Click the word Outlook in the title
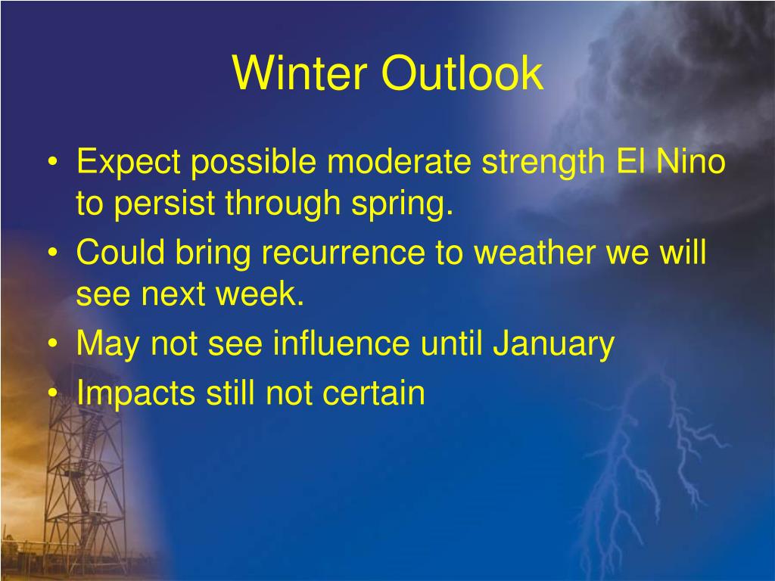462,73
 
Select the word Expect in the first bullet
129,163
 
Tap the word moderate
399,162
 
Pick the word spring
402,204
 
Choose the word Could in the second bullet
120,252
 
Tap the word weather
534,252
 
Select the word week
260,294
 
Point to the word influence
341,343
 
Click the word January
553,344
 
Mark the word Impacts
136,393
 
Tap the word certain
374,393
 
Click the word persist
165,204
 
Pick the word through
283,204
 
